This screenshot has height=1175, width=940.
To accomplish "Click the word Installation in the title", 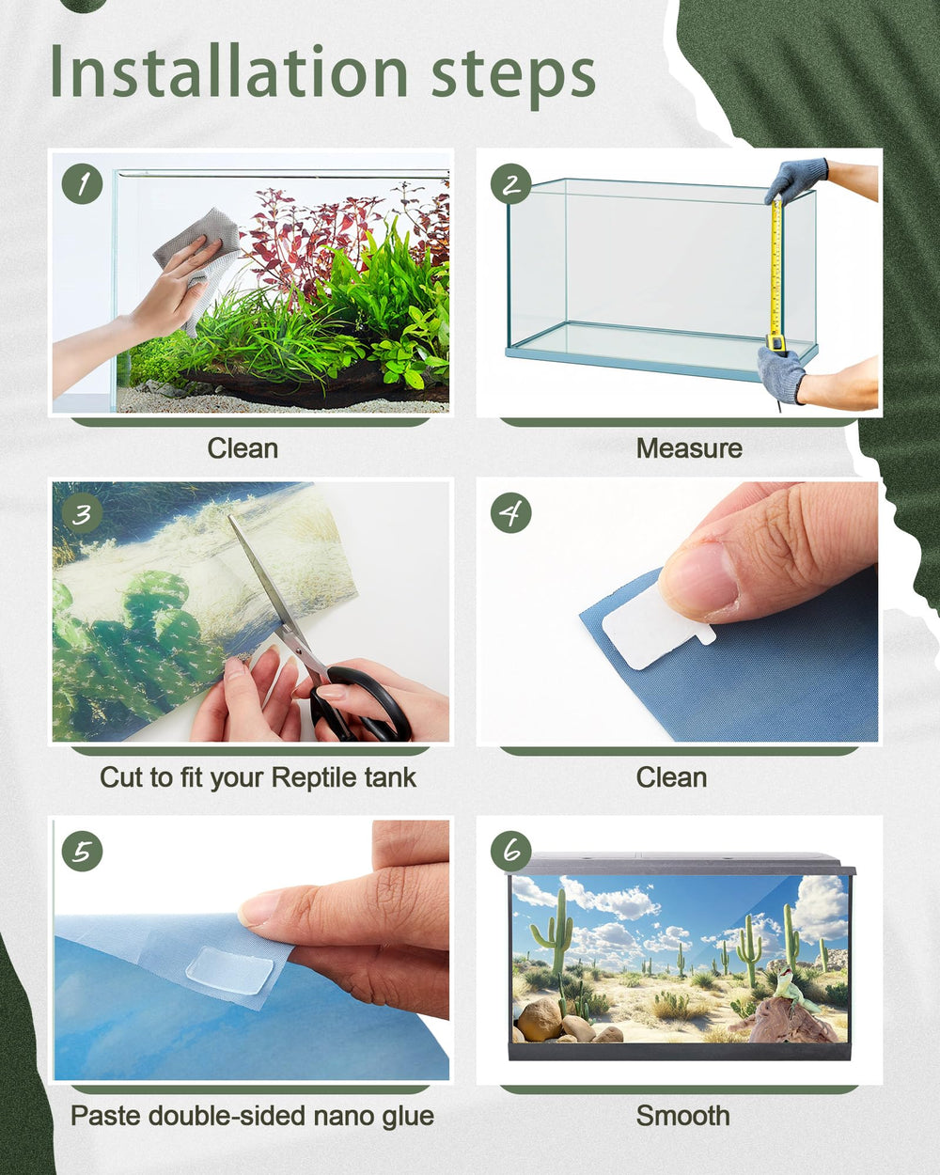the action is click(228, 71).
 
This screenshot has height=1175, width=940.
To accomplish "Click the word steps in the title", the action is click(513, 77).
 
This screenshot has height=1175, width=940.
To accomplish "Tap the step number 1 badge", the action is click(82, 184).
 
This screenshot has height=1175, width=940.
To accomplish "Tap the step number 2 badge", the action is click(510, 184).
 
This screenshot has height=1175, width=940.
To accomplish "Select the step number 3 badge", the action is click(82, 513).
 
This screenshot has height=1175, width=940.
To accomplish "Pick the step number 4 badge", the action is click(510, 513).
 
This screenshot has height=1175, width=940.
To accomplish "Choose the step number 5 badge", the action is click(82, 851).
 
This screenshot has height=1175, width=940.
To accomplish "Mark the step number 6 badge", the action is click(510, 851).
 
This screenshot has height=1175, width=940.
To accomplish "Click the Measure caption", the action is click(689, 448).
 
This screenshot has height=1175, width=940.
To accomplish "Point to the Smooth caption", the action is click(682, 1116).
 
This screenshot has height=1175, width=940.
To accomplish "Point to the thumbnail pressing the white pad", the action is click(699, 580).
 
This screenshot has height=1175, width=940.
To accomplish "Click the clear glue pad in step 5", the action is click(229, 969).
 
